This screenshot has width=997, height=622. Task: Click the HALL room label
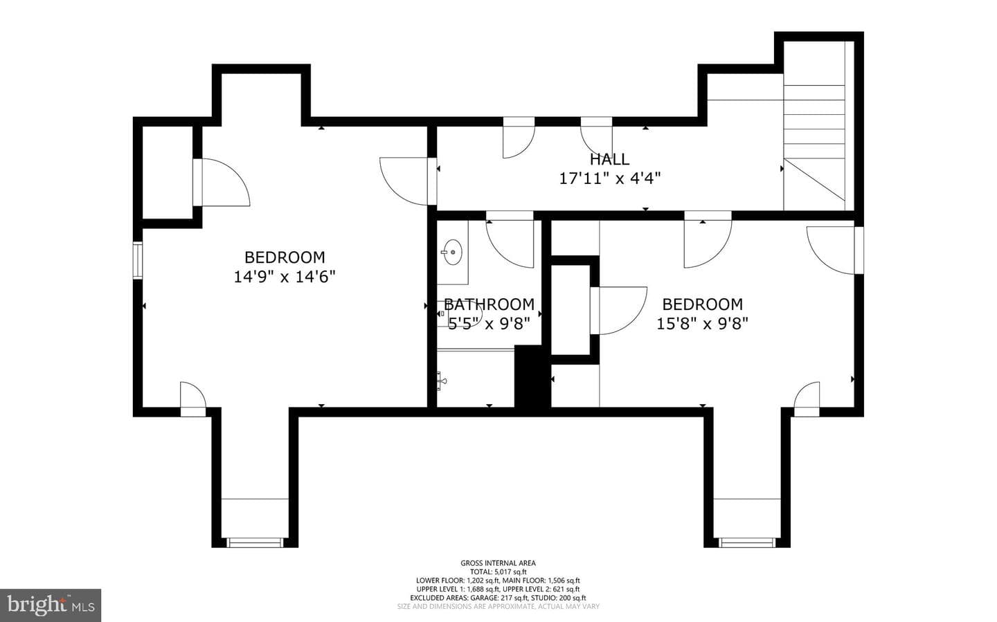pos(609,159)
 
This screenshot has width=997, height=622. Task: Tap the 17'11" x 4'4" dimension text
pos(609,179)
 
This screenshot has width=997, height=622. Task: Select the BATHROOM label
pos(489,304)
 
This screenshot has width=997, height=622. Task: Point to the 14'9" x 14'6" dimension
pos(285,277)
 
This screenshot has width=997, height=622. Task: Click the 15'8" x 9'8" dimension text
pos(702,324)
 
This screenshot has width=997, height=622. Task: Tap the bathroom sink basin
pos(453,253)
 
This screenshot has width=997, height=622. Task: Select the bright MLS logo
pos(51,605)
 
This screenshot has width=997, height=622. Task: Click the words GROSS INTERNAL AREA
pos(498,563)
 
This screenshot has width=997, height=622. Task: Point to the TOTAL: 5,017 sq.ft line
pos(498,571)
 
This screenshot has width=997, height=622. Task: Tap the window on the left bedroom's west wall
pos(138,260)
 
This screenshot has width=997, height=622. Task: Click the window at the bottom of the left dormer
pos(255,542)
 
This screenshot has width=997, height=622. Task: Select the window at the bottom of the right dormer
pos(747,542)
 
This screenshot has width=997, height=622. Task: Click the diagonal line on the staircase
pos(814,180)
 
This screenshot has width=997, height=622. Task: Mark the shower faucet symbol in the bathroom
pos(442,381)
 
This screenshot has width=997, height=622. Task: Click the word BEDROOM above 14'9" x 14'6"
pos(285,257)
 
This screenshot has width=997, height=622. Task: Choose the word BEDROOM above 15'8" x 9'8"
pos(702,304)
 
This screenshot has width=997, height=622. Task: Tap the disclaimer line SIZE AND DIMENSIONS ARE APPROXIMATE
pos(498,606)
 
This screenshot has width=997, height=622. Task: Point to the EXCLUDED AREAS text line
pos(498,598)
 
